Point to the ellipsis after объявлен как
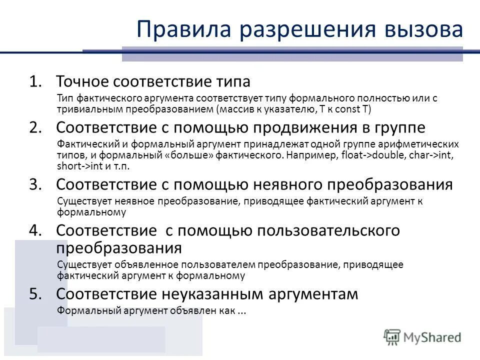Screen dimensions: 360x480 tap(241, 311)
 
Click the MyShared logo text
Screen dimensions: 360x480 tap(432, 337)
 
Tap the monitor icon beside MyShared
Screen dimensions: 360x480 tap(392, 336)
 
